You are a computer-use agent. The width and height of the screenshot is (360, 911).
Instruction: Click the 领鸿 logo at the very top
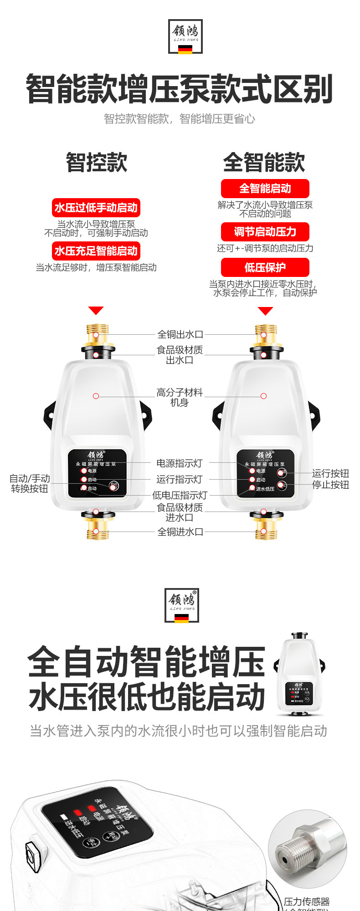pos(185,36)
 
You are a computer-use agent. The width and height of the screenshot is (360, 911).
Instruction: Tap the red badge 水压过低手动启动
pos(96,208)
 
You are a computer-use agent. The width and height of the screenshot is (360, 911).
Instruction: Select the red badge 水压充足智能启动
pos(96,251)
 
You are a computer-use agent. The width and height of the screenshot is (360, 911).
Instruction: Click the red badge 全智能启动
pos(265,189)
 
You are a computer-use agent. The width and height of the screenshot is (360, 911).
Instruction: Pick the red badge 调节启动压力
pos(265,232)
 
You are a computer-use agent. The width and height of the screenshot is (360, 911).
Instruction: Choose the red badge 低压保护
pos(265,267)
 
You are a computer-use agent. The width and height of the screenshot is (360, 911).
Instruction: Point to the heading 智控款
pos(97,162)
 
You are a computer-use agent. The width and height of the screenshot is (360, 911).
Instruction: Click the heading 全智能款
pos(264,162)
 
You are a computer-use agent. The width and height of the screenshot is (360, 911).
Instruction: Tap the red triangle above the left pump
pos(96,311)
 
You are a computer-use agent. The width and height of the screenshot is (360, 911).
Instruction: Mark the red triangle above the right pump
pos(265,311)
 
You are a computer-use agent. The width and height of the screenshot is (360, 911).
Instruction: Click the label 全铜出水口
pos(180,334)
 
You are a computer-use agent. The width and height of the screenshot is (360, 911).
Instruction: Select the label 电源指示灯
pos(179,463)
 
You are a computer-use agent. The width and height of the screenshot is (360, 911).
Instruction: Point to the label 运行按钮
pos(330,473)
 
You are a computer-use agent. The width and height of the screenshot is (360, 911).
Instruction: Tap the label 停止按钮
pos(330,485)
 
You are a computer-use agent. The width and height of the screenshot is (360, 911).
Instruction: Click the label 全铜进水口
pos(180,532)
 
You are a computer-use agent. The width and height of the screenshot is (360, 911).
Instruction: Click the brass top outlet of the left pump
pos(96,334)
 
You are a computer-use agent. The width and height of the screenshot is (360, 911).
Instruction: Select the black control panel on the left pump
pos(97,473)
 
